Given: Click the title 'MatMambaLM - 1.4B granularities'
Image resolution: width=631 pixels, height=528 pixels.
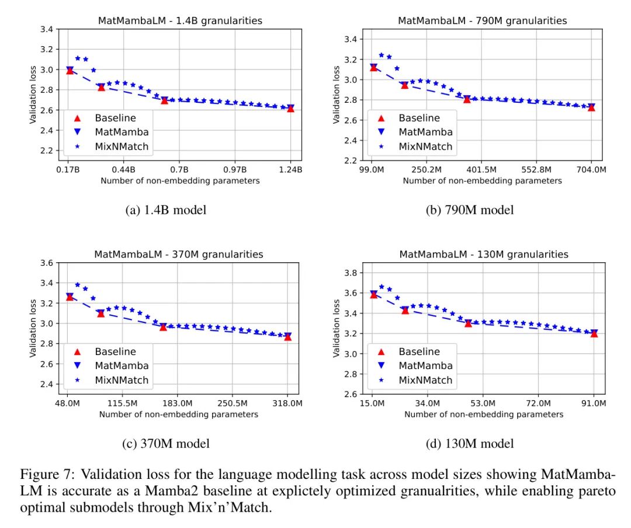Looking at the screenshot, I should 179,20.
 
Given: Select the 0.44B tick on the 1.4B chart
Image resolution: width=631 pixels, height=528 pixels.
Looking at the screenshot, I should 124,169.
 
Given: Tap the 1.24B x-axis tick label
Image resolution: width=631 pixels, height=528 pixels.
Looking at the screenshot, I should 290,169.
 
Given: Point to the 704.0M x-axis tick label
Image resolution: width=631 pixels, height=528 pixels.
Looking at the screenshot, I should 591,169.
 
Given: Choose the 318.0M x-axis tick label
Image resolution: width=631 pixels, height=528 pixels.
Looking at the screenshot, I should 287,403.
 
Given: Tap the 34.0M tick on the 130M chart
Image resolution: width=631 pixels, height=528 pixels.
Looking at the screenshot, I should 428,403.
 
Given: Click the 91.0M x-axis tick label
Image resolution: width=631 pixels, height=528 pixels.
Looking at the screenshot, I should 594,403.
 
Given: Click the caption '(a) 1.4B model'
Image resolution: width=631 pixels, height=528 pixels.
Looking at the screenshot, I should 166,210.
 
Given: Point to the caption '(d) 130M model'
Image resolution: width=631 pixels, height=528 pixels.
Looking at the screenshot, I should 470,444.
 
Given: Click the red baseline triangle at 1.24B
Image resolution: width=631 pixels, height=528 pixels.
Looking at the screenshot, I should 290,109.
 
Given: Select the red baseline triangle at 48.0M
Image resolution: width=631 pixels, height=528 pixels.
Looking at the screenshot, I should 70,297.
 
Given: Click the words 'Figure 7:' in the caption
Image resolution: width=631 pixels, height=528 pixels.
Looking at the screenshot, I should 41,474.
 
